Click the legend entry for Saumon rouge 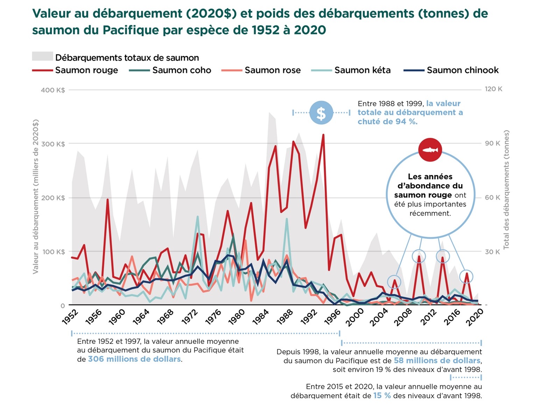pyautogui.click(x=86, y=70)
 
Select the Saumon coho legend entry pyautogui.click(x=181, y=70)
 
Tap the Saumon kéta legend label pyautogui.click(x=362, y=70)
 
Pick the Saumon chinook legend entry pyautogui.click(x=462, y=70)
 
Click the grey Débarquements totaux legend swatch pyautogui.click(x=42, y=57)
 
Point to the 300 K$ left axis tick pyautogui.click(x=53, y=144)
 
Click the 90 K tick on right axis pyautogui.click(x=492, y=143)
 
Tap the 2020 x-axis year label pyautogui.click(x=475, y=317)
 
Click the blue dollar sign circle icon pyautogui.click(x=321, y=113)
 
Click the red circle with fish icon pyautogui.click(x=430, y=150)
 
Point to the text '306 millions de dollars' pyautogui.click(x=134, y=359)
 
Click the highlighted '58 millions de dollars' pyautogui.click(x=437, y=361)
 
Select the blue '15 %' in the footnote pyautogui.click(x=382, y=396)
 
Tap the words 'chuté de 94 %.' pyautogui.click(x=387, y=121)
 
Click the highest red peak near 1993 pyautogui.click(x=323, y=135)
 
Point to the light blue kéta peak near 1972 pyautogui.click(x=198, y=217)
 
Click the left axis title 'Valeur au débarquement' pyautogui.click(x=35, y=196)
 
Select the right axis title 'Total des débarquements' pyautogui.click(x=506, y=189)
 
